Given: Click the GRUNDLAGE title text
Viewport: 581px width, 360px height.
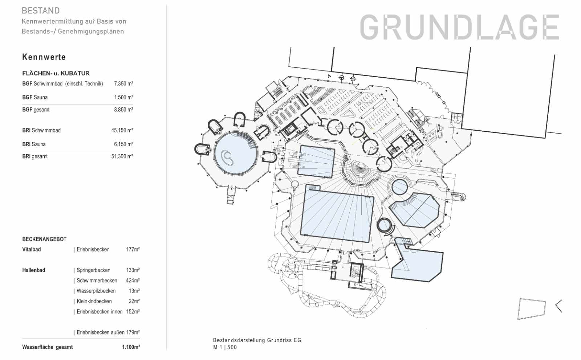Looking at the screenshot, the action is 459,27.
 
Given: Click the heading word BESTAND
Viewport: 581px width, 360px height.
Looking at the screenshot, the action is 41,11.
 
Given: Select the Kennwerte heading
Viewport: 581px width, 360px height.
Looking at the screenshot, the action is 44,57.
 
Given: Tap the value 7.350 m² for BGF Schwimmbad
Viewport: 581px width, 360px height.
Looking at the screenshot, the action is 123,83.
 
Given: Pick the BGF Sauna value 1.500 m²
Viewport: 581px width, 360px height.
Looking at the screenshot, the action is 123,97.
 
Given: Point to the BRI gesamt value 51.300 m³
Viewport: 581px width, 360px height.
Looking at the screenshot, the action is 122,156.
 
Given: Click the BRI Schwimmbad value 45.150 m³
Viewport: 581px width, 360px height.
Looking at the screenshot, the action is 122,130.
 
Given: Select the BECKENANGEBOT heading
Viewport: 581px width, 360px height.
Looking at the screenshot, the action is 44,239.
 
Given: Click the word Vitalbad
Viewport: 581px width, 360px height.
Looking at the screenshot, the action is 31,249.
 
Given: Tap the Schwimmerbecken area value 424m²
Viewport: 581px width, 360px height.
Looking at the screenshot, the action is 133,281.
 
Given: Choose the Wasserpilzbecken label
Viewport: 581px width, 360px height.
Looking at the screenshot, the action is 96,291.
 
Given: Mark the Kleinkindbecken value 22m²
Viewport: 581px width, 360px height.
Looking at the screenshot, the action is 134,301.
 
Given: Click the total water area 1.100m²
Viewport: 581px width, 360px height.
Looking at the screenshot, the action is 131,347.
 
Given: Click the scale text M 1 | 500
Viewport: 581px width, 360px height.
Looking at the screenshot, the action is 225,347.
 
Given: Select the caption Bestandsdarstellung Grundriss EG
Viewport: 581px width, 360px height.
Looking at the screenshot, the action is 257,340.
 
